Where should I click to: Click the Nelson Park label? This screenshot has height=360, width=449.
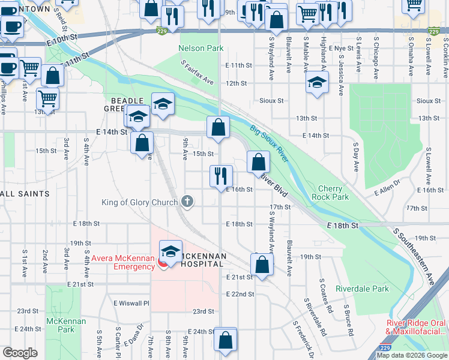coord(200,47)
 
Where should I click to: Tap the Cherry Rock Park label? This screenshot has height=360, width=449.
coord(330,193)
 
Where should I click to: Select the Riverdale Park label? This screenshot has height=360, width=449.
coord(363,289)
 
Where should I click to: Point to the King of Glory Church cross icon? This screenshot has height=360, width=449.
coord(187,202)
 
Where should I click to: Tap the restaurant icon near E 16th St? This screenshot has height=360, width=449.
coord(221,175)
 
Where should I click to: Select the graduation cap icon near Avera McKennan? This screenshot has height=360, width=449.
coord(171,251)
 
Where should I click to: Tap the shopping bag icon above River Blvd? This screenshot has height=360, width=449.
coord(258,161)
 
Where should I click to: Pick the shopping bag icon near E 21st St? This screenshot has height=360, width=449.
coord(262,263)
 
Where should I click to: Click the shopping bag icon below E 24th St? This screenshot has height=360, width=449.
coord(226,340)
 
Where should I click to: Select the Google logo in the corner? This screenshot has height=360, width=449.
coord(20,353)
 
